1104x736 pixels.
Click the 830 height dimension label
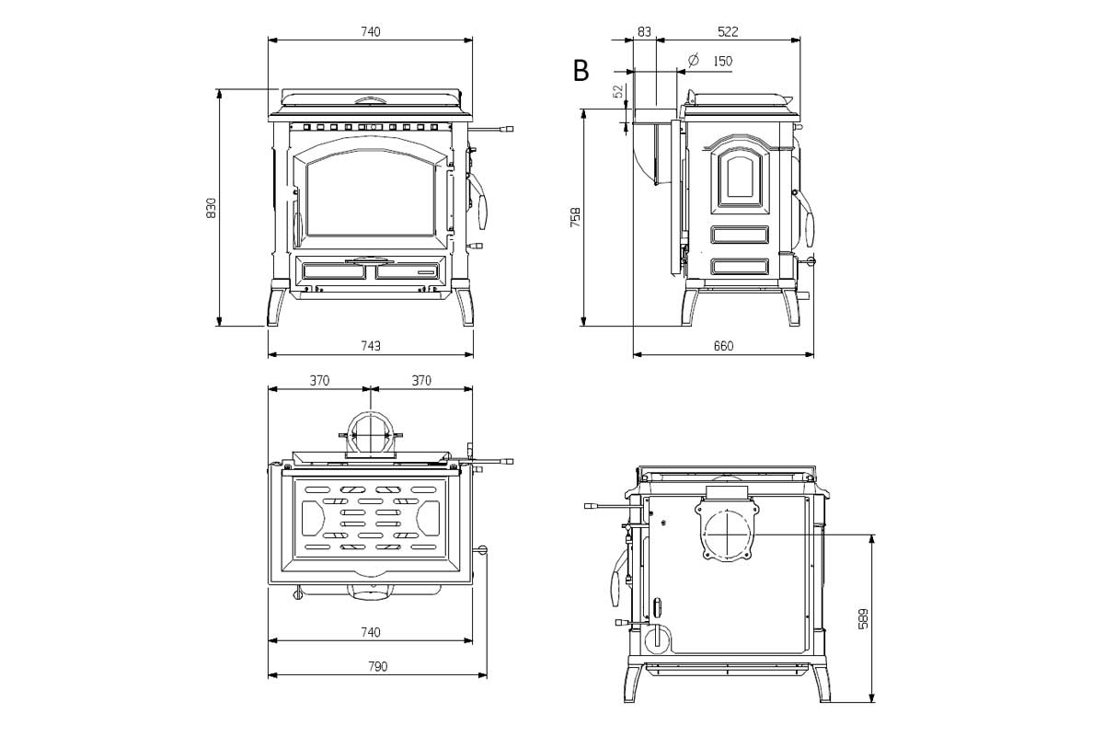pos(212,208)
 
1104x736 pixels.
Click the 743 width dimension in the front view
pos(370,346)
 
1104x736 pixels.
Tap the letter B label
pos(581,71)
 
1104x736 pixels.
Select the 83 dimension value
pos(644,31)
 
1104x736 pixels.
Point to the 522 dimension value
pos(728,31)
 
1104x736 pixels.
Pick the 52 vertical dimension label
pos(618,92)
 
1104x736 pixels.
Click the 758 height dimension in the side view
pos(576,217)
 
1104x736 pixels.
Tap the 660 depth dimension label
pos(723,346)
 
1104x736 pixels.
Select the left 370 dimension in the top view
pos(319,380)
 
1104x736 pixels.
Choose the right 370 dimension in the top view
pos(420,380)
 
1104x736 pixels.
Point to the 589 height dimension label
pos(862,619)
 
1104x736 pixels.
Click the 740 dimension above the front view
pos(370,31)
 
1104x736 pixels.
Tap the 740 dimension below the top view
pos(370,632)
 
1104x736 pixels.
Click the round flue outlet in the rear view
pos(729,533)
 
